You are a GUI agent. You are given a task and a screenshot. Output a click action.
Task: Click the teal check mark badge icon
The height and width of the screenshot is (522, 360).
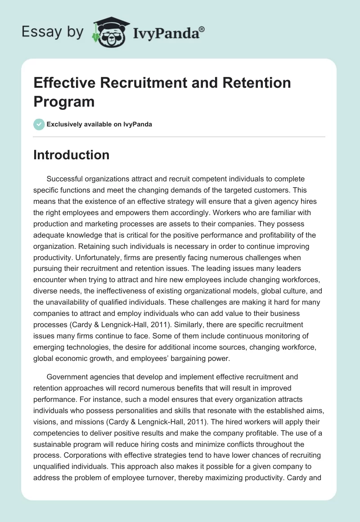(39, 124)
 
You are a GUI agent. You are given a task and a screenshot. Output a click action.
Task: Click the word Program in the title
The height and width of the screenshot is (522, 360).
(64, 101)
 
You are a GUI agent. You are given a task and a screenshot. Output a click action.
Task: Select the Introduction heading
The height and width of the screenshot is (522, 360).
(72, 155)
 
